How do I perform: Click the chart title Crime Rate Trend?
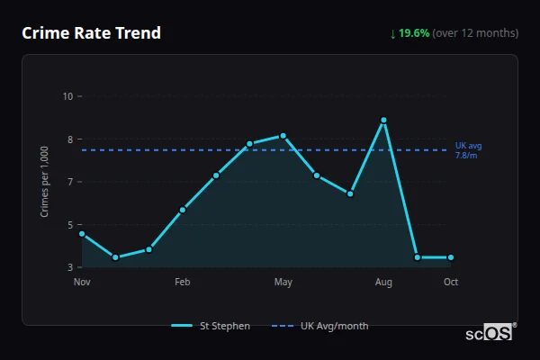point(91,33)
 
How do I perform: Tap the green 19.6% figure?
point(414,33)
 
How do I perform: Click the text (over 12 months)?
point(475,33)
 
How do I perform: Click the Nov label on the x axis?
point(82,283)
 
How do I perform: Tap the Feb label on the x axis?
point(183,283)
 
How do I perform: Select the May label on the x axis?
point(283,283)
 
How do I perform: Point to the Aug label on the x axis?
point(384,283)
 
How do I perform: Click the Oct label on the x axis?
point(451,283)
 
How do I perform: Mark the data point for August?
point(384,120)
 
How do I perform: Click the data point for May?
point(283,136)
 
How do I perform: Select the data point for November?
point(82,234)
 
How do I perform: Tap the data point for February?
point(183,210)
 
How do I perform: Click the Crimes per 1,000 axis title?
point(45,182)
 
